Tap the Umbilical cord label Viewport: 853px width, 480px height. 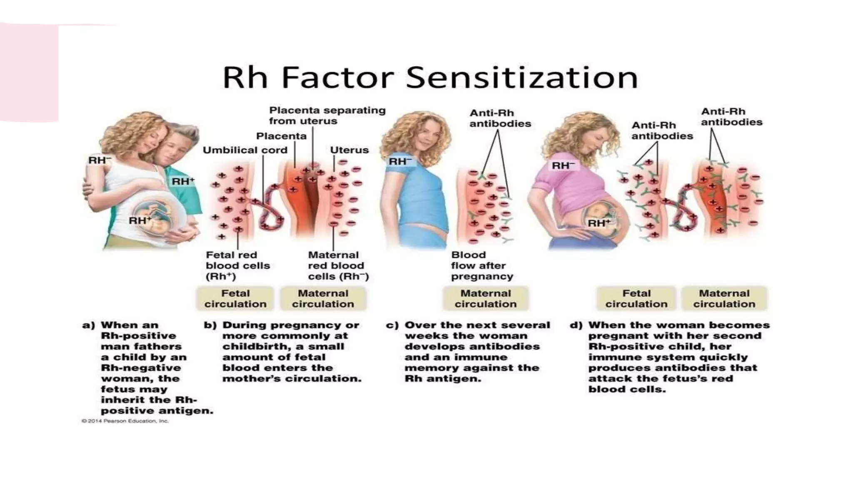point(245,150)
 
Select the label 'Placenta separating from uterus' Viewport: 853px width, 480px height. point(327,115)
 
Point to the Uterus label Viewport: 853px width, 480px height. point(349,150)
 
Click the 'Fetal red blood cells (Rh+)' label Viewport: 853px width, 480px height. point(237,265)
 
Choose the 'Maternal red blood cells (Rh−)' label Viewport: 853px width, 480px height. point(338,265)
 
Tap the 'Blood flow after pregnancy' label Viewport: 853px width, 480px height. point(482,265)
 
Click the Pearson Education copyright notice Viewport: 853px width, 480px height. point(125,421)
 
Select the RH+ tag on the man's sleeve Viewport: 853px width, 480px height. point(183,181)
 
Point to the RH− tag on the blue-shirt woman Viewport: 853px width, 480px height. point(400,161)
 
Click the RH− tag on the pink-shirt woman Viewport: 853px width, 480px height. point(563,165)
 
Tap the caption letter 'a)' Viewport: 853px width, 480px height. point(88,325)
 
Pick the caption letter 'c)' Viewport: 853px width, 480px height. point(392,325)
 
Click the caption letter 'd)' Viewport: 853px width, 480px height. point(576,325)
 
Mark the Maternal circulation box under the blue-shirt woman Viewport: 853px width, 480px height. point(485,298)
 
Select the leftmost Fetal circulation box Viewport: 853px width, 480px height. point(235,298)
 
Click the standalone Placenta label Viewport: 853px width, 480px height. point(281,136)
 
